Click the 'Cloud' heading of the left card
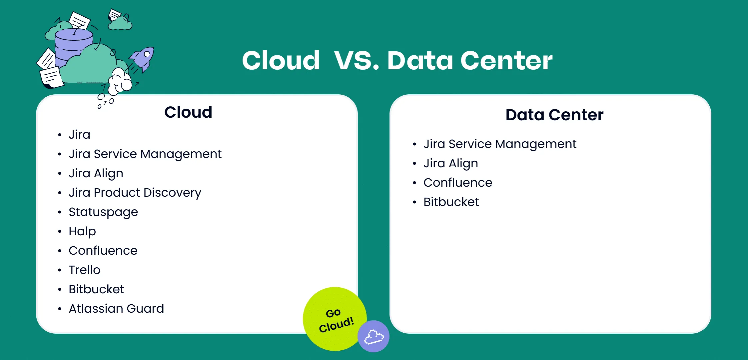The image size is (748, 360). [188, 112]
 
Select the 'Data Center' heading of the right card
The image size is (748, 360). [554, 115]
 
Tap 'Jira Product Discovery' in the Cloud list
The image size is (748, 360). [135, 193]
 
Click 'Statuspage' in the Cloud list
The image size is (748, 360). [103, 212]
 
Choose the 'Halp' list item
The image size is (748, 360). [82, 231]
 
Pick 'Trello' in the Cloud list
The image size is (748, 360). [85, 270]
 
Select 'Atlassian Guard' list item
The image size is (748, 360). [116, 308]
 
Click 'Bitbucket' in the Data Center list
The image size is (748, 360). [451, 202]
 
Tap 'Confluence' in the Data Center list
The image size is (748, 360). [458, 182]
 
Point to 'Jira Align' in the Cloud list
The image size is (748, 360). [96, 173]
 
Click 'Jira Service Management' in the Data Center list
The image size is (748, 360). [500, 144]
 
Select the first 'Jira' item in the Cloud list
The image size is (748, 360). [80, 134]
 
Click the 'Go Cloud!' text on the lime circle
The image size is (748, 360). [336, 320]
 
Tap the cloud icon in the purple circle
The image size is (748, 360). [374, 337]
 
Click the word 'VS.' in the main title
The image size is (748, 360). [357, 61]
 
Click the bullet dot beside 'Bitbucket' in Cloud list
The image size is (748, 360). [60, 290]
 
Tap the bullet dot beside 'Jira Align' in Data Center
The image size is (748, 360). [414, 164]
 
